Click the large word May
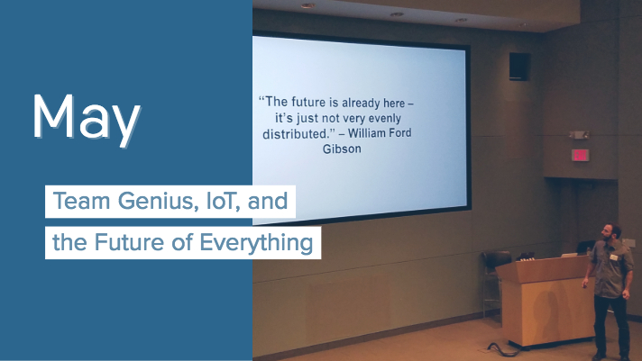[87, 119]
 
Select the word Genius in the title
[156, 201]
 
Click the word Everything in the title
[256, 242]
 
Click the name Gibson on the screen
[342, 149]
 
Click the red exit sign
[580, 155]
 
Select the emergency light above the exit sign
[579, 134]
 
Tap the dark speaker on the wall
[519, 67]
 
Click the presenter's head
[610, 232]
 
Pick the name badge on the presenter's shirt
[614, 257]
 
